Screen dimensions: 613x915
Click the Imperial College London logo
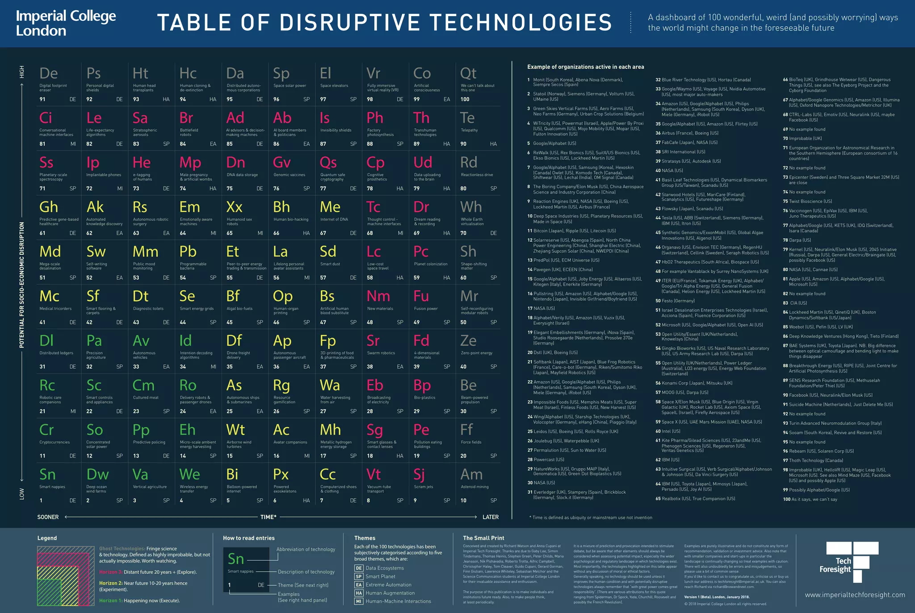(66, 23)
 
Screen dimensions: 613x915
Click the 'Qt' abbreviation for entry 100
(468, 73)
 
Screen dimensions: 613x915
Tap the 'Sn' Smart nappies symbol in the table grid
(47, 474)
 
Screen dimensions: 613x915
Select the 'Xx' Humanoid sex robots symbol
(234, 207)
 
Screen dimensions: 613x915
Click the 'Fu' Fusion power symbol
(421, 296)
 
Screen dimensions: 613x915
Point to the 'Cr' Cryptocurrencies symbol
(46, 430)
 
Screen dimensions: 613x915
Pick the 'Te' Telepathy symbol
(467, 118)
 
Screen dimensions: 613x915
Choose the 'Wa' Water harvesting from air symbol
(330, 385)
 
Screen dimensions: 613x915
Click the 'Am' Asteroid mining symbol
(471, 474)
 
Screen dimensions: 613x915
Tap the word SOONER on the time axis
(48, 517)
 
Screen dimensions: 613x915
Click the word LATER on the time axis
(490, 517)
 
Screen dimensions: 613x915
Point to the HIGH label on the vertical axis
(22, 71)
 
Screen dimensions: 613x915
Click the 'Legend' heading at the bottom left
(47, 538)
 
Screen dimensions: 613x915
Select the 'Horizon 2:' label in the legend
(111, 583)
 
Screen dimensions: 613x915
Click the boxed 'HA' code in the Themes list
(359, 593)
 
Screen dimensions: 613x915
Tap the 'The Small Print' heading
(483, 538)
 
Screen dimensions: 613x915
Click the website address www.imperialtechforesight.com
(855, 595)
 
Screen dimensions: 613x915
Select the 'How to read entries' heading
(248, 538)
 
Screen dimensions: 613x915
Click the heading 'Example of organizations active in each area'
(585, 67)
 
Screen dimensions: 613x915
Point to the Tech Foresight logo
(847, 562)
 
